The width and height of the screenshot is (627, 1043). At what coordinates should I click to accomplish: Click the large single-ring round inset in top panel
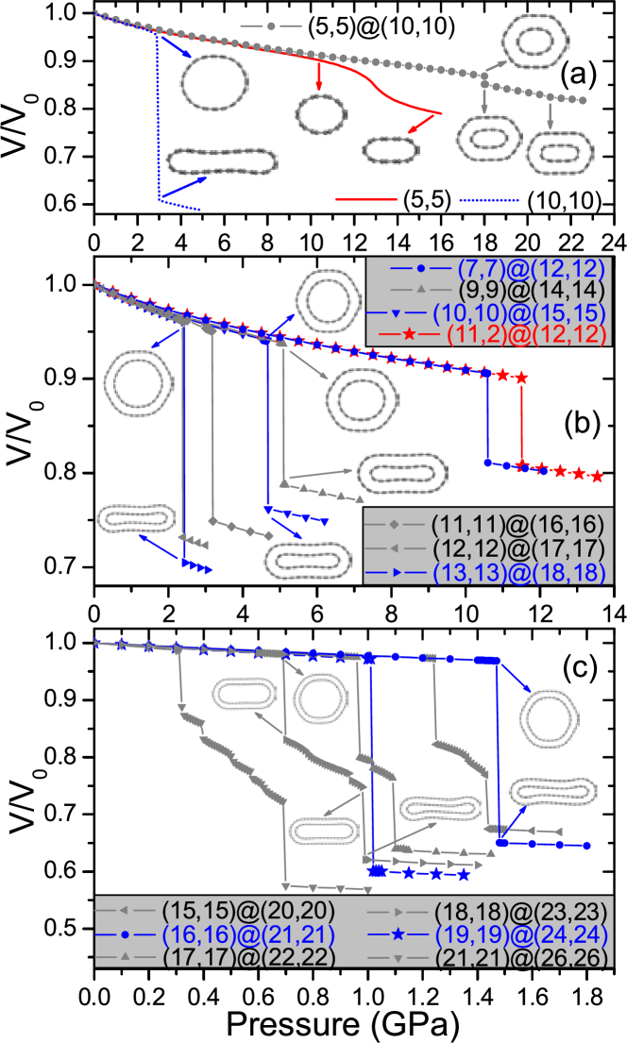tap(214, 83)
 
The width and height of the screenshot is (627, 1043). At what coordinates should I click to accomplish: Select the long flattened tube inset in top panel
tap(222, 161)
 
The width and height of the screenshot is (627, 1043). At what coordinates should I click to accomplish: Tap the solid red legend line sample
tap(365, 200)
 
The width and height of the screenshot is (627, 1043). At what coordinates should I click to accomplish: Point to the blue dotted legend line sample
tap(488, 200)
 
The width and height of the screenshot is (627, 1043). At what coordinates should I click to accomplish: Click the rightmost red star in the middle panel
tap(597, 477)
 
